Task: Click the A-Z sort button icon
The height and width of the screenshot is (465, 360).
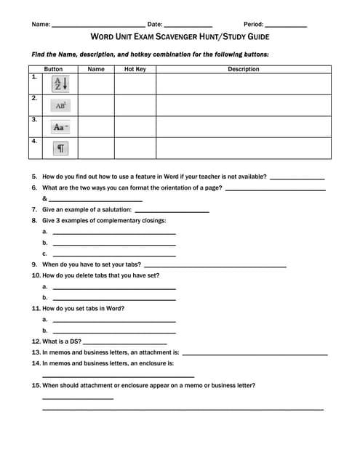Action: coord(60,84)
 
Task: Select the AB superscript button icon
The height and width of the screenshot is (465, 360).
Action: coord(60,105)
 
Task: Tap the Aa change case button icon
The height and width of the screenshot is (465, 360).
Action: coord(60,126)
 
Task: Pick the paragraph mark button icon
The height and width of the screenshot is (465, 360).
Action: coord(60,148)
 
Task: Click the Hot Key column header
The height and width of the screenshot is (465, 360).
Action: coord(135,70)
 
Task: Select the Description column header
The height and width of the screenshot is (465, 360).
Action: coord(243,70)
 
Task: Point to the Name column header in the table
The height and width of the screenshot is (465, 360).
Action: coord(96,70)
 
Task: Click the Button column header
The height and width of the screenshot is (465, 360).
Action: coord(53,70)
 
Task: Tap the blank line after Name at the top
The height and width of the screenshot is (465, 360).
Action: coord(98,27)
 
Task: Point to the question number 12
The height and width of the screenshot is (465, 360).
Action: coord(36,341)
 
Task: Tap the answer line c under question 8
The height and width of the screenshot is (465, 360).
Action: coord(114,256)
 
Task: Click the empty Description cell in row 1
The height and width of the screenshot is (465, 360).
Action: coord(243,84)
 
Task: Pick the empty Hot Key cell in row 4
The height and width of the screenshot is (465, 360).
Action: coord(135,148)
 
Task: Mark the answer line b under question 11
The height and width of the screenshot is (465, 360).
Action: coord(114,332)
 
